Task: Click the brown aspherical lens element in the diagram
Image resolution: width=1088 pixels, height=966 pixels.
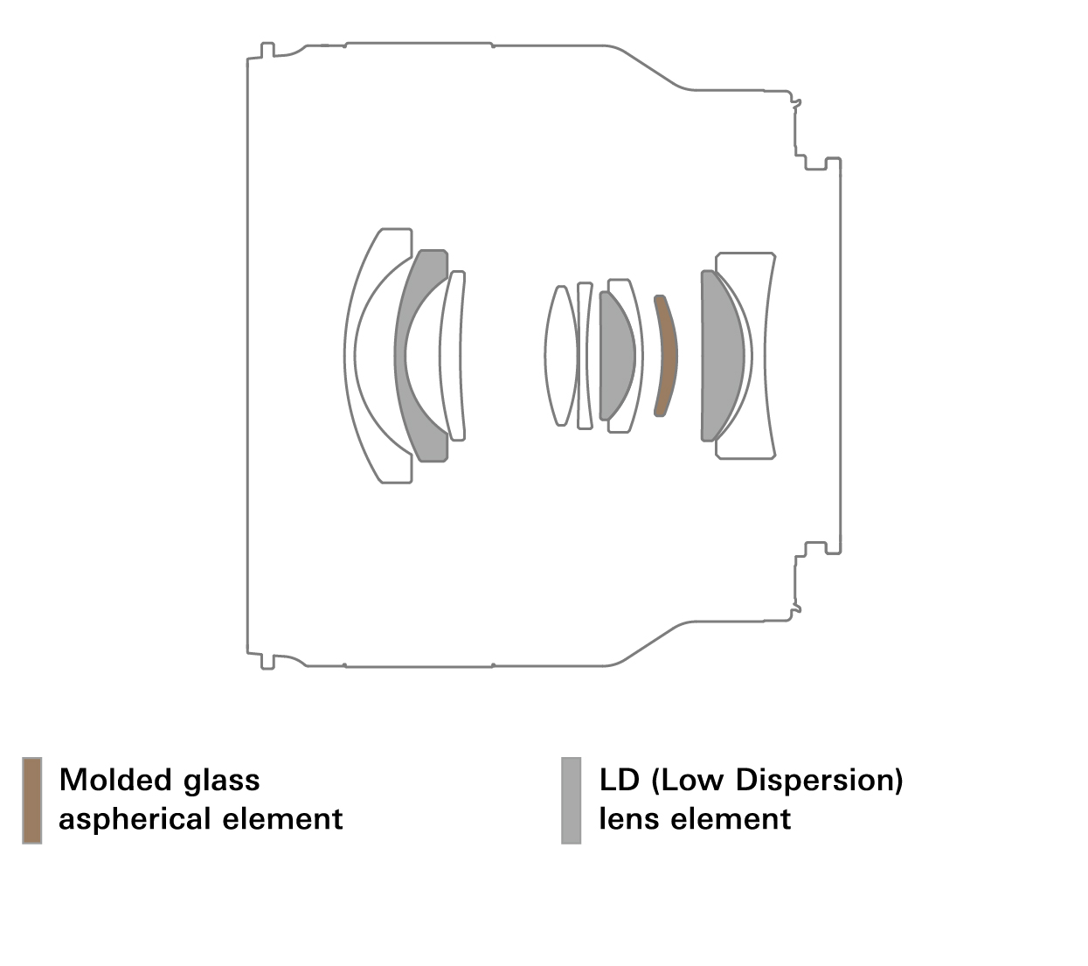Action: [x=667, y=356]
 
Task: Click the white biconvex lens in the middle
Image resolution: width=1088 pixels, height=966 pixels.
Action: [x=559, y=356]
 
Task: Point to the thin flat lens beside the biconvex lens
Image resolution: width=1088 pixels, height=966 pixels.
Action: [x=585, y=356]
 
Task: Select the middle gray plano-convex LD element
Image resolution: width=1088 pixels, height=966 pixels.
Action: [x=616, y=356]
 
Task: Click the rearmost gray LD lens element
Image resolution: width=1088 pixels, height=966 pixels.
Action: [x=721, y=356]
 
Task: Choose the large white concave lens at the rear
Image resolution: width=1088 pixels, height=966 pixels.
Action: [x=757, y=356]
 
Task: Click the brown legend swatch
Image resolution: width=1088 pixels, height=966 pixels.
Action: [x=31, y=800]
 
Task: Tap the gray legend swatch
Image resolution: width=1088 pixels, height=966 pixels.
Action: [x=572, y=800]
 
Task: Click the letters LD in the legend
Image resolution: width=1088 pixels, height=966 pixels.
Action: [x=620, y=779]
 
